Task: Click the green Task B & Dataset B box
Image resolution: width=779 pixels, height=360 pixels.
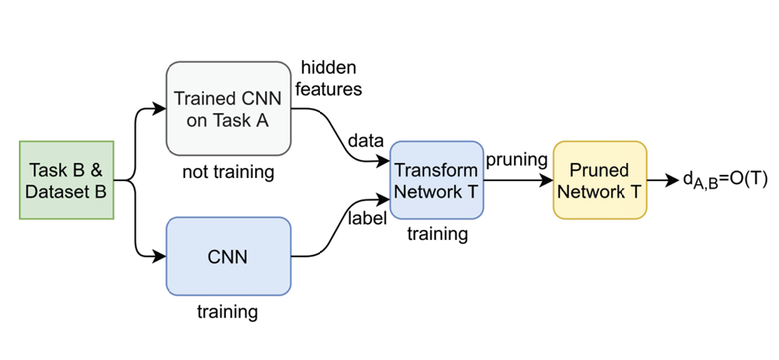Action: point(67,180)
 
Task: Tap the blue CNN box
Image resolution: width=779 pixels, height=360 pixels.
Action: point(228,256)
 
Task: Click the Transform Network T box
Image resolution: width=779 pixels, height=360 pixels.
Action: point(436,180)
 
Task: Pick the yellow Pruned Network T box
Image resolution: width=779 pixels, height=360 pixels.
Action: point(599,180)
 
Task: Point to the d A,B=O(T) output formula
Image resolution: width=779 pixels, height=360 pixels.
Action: point(723,181)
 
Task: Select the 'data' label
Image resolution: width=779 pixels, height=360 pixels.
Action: point(365,141)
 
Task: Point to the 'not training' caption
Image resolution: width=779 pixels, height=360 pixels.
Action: point(228,172)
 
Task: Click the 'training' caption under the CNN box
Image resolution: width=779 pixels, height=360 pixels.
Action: point(228,312)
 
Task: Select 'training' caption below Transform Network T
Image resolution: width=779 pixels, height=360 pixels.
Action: point(436,234)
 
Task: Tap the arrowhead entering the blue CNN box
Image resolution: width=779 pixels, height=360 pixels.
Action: point(161,256)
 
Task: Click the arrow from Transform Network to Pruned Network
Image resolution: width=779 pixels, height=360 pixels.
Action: point(518,180)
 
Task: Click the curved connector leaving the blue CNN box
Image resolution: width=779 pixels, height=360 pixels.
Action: point(329,235)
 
